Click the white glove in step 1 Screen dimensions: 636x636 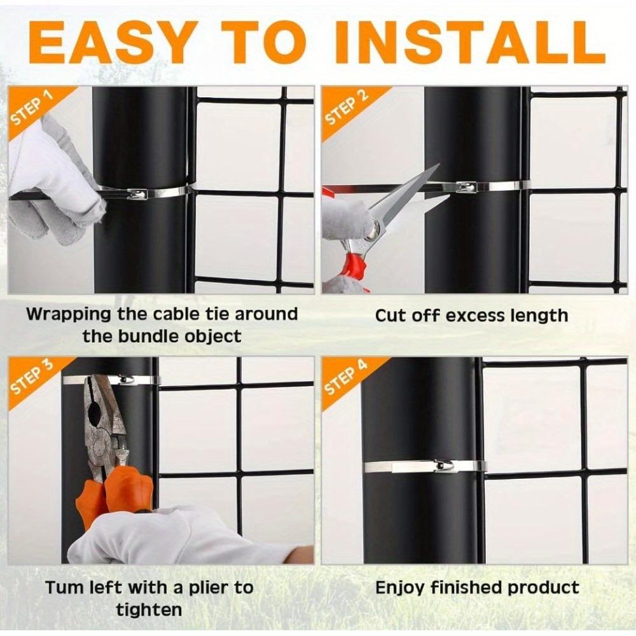51,172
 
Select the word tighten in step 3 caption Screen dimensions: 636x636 148,610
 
